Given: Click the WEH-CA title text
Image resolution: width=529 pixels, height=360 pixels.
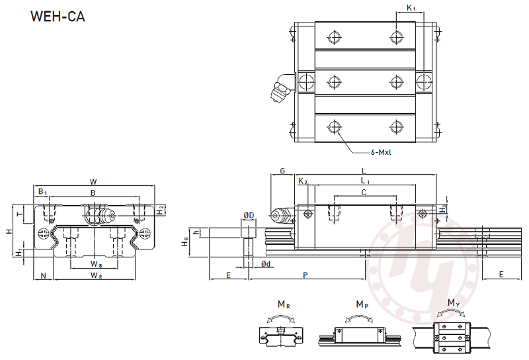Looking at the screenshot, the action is (x=58, y=17).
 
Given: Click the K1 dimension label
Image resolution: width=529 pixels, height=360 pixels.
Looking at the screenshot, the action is (x=411, y=7).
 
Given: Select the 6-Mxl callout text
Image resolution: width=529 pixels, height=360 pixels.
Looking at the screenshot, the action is (x=382, y=152).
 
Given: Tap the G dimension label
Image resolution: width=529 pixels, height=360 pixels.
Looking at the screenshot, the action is (x=282, y=171).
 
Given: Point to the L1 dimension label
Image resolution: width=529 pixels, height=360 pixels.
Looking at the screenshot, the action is (x=366, y=181).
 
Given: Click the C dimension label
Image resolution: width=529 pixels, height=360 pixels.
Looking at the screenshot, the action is (x=364, y=193).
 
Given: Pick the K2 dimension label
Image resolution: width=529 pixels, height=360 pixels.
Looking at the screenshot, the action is (x=303, y=181).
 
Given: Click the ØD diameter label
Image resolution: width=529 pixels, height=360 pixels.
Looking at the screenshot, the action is (x=249, y=216).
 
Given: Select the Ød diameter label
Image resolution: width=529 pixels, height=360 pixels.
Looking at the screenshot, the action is (x=266, y=264).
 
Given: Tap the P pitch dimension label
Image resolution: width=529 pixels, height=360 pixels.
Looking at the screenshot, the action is (x=305, y=275).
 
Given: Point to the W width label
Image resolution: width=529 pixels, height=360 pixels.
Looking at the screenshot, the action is (x=93, y=182).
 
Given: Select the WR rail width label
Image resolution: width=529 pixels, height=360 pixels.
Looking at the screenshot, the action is (x=96, y=275).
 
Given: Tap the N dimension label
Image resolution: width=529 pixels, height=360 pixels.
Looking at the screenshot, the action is (x=43, y=276).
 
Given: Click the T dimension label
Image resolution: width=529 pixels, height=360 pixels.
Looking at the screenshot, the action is (x=20, y=214).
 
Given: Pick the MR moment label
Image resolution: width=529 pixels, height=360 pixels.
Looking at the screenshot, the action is (x=284, y=304).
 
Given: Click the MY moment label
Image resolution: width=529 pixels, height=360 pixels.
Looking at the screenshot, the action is (x=454, y=303).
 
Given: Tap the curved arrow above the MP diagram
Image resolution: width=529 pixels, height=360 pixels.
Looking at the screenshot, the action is (x=359, y=317).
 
